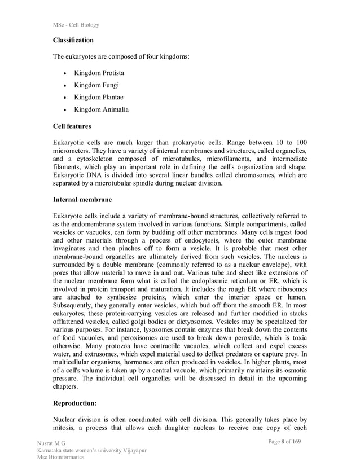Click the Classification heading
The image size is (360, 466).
(x=73, y=41)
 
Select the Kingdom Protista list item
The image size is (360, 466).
(x=99, y=73)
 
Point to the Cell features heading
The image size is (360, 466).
(x=72, y=126)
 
